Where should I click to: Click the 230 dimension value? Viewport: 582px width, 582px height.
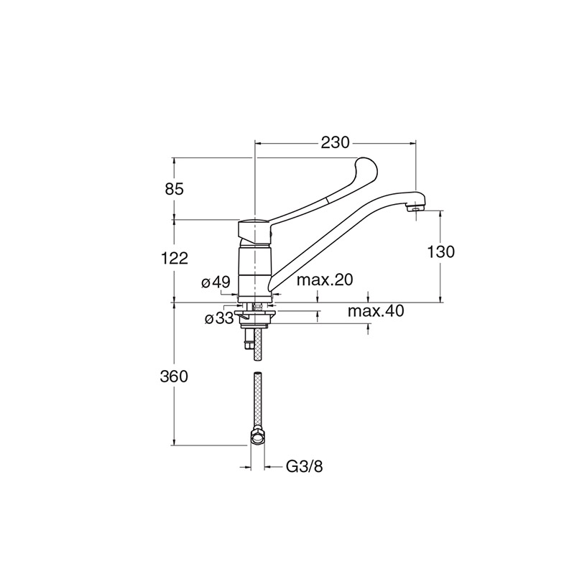[335, 142]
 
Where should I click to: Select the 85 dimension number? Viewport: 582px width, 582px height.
[174, 189]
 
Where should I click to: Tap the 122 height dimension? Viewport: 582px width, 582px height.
[174, 258]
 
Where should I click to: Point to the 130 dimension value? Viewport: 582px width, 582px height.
[440, 252]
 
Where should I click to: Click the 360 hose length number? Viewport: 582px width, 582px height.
[174, 377]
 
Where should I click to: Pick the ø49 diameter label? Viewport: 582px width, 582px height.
[216, 282]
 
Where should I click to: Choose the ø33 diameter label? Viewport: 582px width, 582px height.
[219, 318]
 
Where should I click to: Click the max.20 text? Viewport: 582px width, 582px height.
[324, 280]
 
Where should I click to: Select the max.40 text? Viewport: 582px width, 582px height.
[376, 311]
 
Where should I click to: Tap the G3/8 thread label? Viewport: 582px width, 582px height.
[305, 466]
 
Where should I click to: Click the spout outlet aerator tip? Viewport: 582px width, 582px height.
[415, 208]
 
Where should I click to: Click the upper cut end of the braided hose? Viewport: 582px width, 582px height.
[258, 374]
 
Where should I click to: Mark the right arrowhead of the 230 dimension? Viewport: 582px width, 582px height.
[412, 142]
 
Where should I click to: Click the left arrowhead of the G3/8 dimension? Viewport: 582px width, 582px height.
[245, 466]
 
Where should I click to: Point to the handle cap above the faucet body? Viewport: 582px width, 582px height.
[254, 230]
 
